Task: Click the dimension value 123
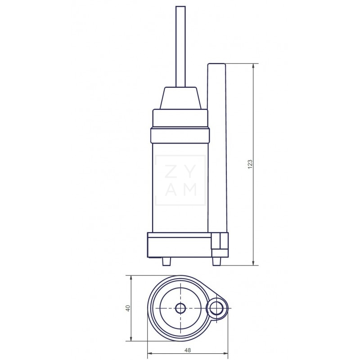pyautogui.click(x=251, y=164)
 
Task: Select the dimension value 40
pyautogui.click(x=127, y=308)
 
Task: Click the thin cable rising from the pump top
pyautogui.click(x=180, y=45)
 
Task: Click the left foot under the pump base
pyautogui.click(x=166, y=261)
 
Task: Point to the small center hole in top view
pyautogui.click(x=180, y=308)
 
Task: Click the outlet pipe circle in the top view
pyautogui.click(x=218, y=308)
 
